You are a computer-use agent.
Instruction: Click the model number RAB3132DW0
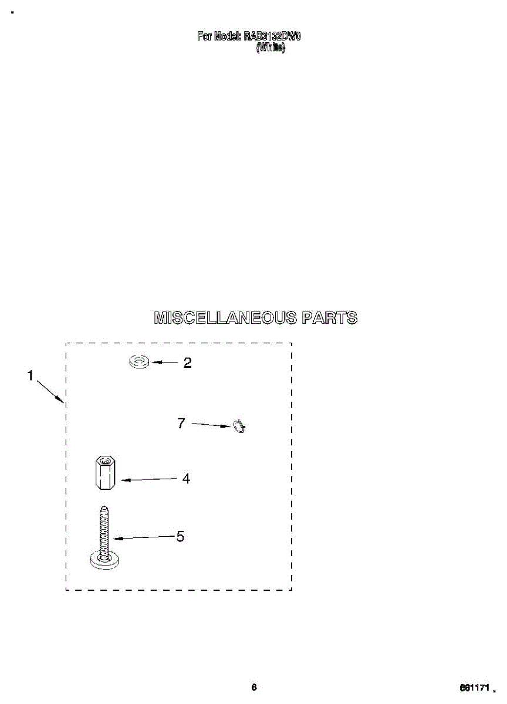pyautogui.click(x=272, y=36)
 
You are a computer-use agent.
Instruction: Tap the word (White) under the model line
pyautogui.click(x=271, y=49)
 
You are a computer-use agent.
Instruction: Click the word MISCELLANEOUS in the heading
pyautogui.click(x=224, y=318)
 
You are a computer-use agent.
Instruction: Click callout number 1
pyautogui.click(x=30, y=376)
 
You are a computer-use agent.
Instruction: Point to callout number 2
pyautogui.click(x=187, y=363)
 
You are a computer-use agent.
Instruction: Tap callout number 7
pyautogui.click(x=181, y=422)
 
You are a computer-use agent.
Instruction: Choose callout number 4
pyautogui.click(x=186, y=479)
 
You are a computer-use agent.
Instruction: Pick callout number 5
pyautogui.click(x=180, y=536)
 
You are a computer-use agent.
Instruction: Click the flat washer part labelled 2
pyautogui.click(x=139, y=362)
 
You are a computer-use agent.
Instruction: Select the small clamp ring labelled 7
pyautogui.click(x=239, y=427)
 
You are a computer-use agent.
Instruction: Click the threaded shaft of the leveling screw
pyautogui.click(x=104, y=531)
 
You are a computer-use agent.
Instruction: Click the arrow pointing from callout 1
pyautogui.click(x=50, y=392)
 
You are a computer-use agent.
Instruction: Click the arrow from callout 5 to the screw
pyautogui.click(x=144, y=537)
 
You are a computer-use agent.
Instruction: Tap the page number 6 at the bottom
pyautogui.click(x=253, y=688)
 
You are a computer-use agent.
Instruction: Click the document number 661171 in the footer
pyautogui.click(x=474, y=688)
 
